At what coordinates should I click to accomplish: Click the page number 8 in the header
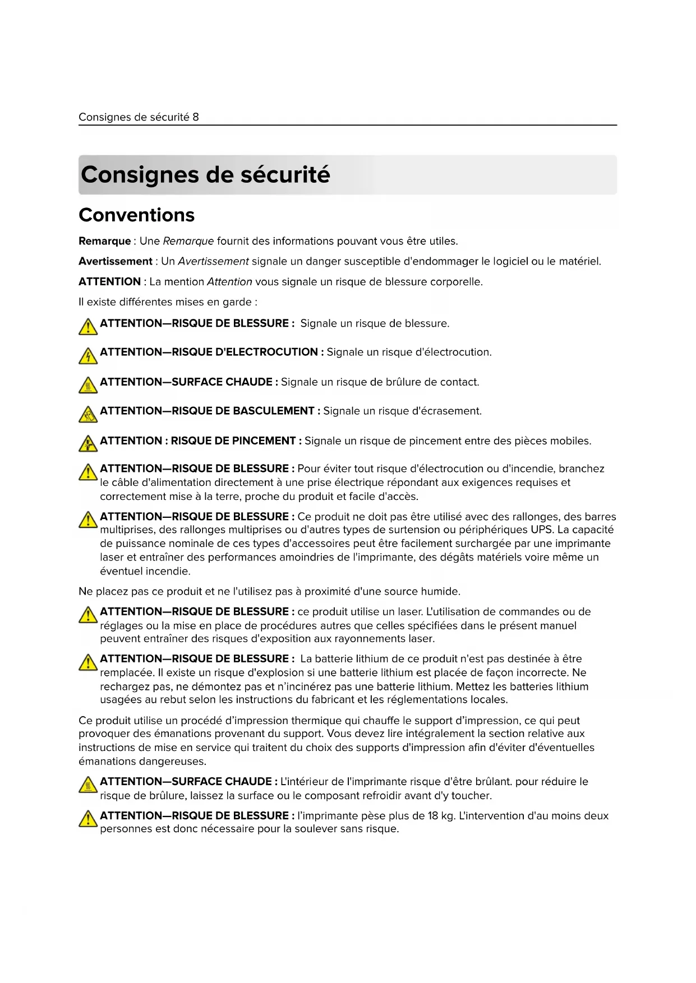click(x=196, y=117)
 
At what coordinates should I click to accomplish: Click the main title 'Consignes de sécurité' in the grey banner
click(x=205, y=175)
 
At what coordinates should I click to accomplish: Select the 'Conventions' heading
click(x=137, y=215)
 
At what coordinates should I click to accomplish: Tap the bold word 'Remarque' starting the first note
click(x=104, y=242)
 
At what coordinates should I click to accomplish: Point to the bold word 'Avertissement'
click(x=116, y=262)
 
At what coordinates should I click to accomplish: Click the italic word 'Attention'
click(x=229, y=282)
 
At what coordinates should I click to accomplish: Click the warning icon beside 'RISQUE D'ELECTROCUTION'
click(x=88, y=355)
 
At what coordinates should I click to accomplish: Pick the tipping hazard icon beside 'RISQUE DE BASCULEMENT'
click(x=88, y=414)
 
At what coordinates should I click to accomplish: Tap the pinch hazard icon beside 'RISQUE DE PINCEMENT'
click(x=88, y=444)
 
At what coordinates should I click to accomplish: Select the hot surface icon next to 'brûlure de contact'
click(x=88, y=385)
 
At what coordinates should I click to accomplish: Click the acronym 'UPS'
click(x=542, y=530)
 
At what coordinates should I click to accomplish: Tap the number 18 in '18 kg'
click(x=433, y=816)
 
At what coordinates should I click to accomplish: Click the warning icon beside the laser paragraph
click(x=88, y=615)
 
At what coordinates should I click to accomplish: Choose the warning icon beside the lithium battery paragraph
click(x=88, y=662)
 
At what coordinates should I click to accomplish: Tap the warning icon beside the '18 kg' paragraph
click(x=88, y=819)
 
